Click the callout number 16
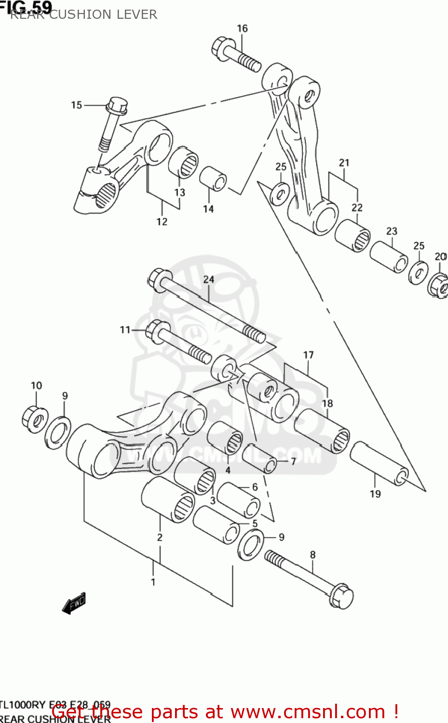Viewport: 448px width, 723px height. click(x=242, y=28)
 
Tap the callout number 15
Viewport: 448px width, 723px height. click(x=77, y=105)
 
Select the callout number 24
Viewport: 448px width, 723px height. click(x=208, y=279)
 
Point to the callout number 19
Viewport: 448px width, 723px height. click(x=375, y=494)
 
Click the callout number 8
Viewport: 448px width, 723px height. click(x=312, y=555)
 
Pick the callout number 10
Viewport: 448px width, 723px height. click(x=36, y=386)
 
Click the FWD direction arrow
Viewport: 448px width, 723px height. click(x=74, y=603)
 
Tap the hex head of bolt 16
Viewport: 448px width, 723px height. click(x=221, y=48)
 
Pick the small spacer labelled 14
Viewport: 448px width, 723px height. click(x=213, y=179)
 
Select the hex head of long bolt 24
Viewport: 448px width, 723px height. click(x=160, y=280)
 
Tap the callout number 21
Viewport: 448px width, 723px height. click(x=344, y=163)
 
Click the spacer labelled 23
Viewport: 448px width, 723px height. click(x=389, y=257)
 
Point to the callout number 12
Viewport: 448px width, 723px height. click(x=162, y=222)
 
